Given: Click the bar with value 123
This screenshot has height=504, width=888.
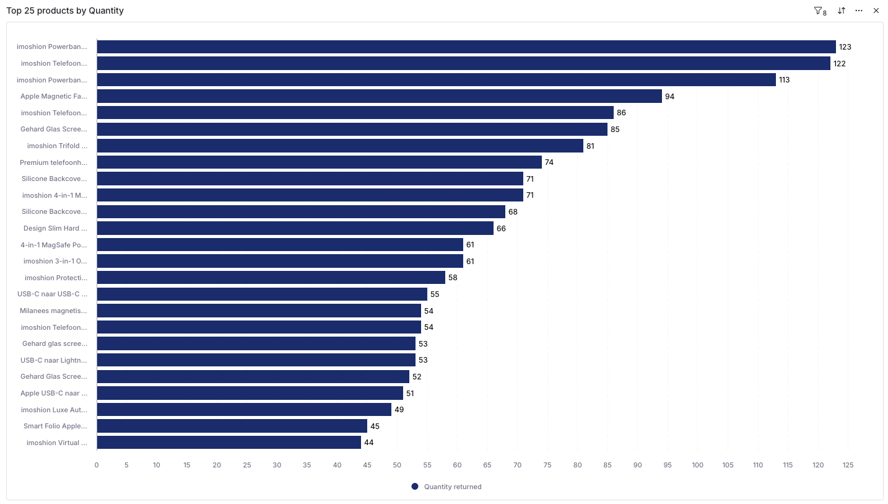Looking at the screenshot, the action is pyautogui.click(x=466, y=47).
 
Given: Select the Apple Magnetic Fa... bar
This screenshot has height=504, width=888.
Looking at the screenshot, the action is pyautogui.click(x=380, y=96).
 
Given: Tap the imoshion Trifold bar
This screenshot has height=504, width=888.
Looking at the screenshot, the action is pyautogui.click(x=340, y=146).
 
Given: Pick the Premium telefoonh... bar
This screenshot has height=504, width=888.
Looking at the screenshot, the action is pyautogui.click(x=319, y=162).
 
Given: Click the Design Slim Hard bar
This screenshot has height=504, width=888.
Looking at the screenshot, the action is pyautogui.click(x=295, y=228).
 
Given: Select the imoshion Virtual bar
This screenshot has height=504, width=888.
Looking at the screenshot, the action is pyautogui.click(x=229, y=443).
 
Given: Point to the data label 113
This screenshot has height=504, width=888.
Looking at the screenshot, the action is pyautogui.click(x=784, y=80).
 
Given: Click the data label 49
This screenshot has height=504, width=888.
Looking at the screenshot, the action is pyautogui.click(x=399, y=410).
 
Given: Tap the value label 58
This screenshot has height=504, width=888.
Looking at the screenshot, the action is pyautogui.click(x=453, y=278).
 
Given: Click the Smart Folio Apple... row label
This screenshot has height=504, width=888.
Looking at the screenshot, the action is pyautogui.click(x=55, y=427).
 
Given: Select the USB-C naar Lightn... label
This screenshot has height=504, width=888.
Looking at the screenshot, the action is pyautogui.click(x=53, y=360).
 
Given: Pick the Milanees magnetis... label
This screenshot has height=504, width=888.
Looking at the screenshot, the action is pyautogui.click(x=53, y=311).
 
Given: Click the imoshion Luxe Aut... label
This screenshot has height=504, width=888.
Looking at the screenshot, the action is pyautogui.click(x=54, y=410).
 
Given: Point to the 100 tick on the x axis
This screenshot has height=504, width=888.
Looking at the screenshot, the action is pyautogui.click(x=698, y=465).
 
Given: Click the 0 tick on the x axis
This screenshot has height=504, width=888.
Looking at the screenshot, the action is pyautogui.click(x=97, y=465).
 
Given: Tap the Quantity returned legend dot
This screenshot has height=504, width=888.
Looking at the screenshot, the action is pyautogui.click(x=415, y=487).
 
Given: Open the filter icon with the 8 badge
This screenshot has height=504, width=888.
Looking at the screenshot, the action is pyautogui.click(x=820, y=11).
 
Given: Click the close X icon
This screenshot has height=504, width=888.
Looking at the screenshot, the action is pyautogui.click(x=876, y=11).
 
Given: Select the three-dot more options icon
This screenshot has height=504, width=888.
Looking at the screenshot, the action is pyautogui.click(x=859, y=11).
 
